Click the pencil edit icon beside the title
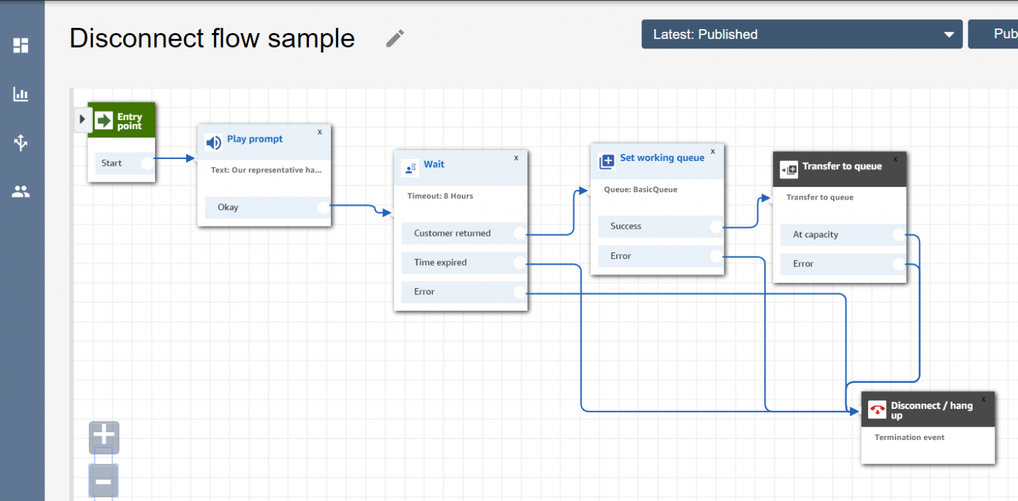pos(394,38)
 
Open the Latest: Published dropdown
pos(801,34)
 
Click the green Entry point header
pos(121,121)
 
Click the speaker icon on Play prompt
pos(213,142)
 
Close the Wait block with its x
pos(516,158)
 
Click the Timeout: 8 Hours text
pos(440,196)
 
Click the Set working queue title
pos(661,158)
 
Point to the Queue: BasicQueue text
pos(640,190)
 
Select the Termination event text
pos(909,437)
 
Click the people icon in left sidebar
pos(21,192)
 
